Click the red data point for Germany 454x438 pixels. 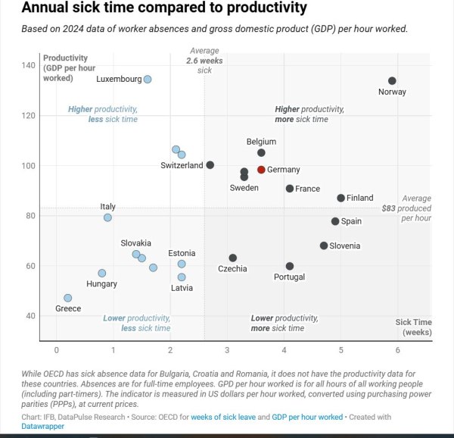click(261, 170)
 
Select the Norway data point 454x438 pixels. click(392, 81)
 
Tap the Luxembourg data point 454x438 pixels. click(148, 79)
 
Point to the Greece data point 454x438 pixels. click(67, 298)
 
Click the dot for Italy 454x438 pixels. click(107, 217)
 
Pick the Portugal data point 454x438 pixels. click(290, 266)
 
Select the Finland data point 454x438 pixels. click(340, 198)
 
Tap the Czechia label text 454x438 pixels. click(232, 269)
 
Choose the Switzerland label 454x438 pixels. click(182, 165)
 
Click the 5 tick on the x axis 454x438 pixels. click(340, 350)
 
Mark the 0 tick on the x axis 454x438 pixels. click(56, 350)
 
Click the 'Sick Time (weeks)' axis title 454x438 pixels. click(413, 327)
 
